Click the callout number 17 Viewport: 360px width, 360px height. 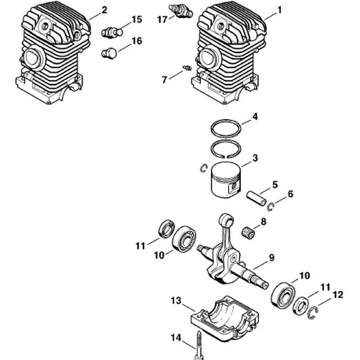coord(162,19)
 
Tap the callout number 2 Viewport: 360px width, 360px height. coord(104,10)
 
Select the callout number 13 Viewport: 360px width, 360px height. coord(176,301)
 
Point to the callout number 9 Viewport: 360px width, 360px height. coord(272,257)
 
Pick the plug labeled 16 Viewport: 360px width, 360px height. coord(109,54)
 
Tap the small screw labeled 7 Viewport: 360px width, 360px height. coord(187,68)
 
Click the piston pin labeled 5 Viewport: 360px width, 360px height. coord(256,198)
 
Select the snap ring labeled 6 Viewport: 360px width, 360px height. coord(271,207)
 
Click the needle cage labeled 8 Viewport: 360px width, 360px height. coord(249,233)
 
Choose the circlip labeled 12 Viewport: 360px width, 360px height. coord(313,312)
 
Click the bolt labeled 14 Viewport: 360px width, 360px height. coord(199,346)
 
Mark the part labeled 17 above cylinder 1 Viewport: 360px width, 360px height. coord(181,11)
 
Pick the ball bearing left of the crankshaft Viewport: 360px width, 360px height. coord(184,239)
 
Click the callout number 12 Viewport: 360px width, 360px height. coord(338,295)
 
